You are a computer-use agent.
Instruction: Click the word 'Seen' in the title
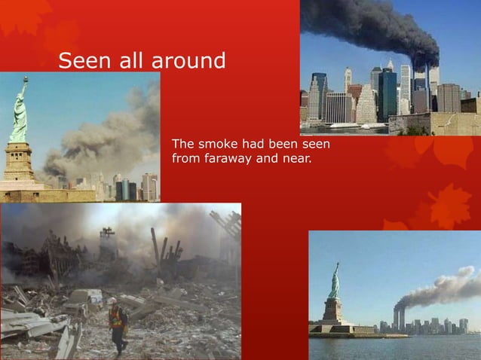coord(82,59)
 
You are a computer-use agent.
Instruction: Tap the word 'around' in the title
coord(188,60)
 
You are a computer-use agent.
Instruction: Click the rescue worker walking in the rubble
coord(116,325)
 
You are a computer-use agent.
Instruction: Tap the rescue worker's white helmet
coord(112,301)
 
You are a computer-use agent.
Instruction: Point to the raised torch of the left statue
coord(25,79)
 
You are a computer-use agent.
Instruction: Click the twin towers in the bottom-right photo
coord(399,317)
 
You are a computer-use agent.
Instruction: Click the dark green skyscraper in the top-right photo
coord(388,94)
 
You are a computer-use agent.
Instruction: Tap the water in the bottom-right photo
coord(392,346)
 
